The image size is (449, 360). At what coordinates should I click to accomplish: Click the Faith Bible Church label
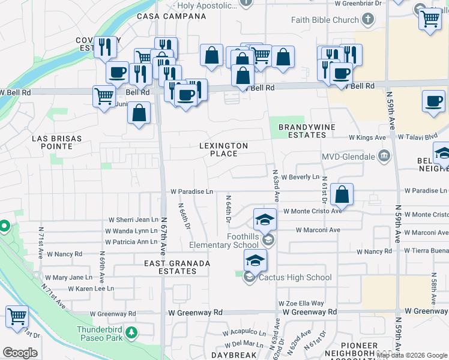coord(325,20)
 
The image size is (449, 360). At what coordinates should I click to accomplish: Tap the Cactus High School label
coord(295,277)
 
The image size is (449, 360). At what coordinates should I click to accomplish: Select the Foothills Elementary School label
coord(225,241)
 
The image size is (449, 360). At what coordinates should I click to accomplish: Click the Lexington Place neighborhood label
coord(224,149)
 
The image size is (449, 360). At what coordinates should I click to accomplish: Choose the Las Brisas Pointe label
coord(56,143)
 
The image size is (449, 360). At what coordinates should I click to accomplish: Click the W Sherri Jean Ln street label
coord(133,220)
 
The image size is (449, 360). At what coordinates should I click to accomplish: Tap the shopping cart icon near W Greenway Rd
coord(17,316)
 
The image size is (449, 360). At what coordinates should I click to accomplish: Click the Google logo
coord(20,353)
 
